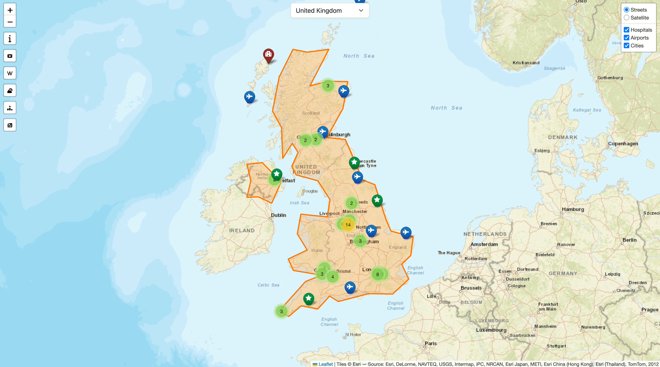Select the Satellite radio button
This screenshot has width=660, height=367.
tap(627, 18)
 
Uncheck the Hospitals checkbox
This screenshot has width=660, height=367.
tap(627, 30)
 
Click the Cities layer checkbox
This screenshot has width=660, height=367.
tap(627, 46)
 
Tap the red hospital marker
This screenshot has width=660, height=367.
tap(268, 54)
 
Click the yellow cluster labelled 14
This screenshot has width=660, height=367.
tap(348, 225)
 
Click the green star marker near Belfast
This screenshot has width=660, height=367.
tap(277, 174)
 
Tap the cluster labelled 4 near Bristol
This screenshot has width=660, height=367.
tap(332, 277)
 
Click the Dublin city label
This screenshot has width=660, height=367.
tap(278, 215)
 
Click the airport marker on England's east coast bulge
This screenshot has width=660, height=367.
tap(406, 232)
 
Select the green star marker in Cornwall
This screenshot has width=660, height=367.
tap(309, 298)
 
